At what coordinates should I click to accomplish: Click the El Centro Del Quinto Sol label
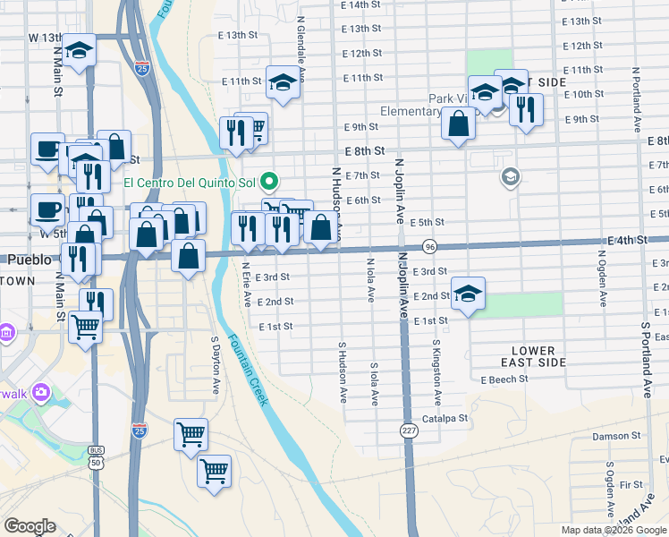point(190,183)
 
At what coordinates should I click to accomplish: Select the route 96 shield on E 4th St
point(429,245)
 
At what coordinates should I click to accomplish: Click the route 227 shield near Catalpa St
point(409,430)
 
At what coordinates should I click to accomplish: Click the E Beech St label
point(504,379)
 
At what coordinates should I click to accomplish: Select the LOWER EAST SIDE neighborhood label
point(533,356)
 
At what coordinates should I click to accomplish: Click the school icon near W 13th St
point(79,52)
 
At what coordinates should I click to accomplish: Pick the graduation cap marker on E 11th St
point(284,83)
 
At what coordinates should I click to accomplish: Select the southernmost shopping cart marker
point(215,469)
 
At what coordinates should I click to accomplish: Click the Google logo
point(30,526)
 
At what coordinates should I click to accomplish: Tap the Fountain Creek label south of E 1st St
point(246,370)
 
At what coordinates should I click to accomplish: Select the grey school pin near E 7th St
point(510,176)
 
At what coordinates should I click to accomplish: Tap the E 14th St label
point(360,5)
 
